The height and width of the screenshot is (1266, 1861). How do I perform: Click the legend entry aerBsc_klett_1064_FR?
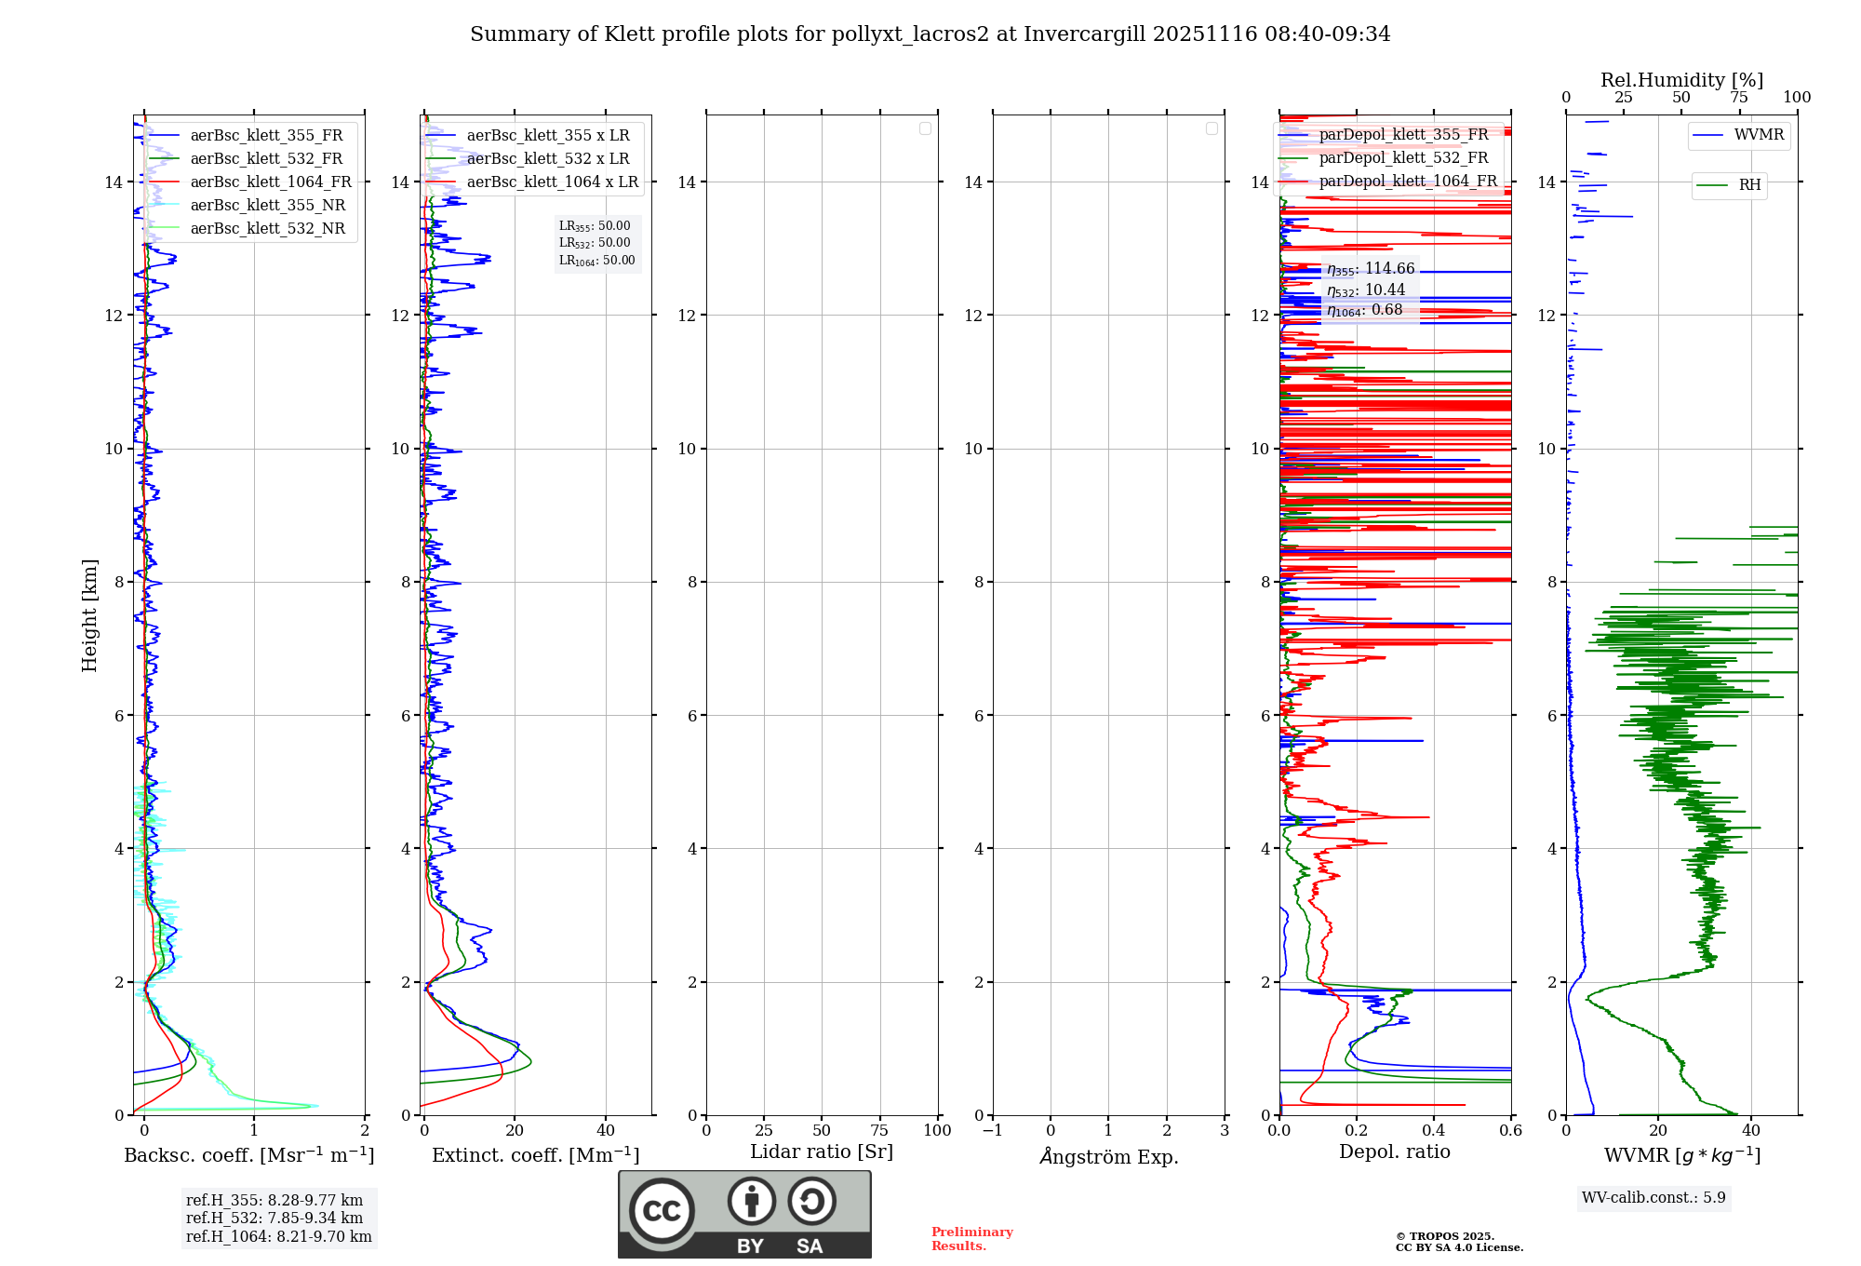[270, 182]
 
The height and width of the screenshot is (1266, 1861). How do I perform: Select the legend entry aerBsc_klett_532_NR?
[267, 229]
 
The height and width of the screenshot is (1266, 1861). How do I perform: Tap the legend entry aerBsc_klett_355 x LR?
[547, 136]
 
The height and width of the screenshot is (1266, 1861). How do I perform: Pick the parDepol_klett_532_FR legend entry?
[1403, 158]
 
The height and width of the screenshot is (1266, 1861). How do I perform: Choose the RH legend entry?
[1749, 185]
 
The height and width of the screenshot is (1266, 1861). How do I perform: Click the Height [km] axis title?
[89, 615]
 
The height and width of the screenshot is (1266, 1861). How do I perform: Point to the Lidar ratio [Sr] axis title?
[822, 1152]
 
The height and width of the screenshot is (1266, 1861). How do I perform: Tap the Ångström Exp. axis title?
[1108, 1156]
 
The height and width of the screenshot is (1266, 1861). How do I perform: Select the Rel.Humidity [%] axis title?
[1681, 80]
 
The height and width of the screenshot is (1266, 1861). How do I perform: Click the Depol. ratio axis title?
[1394, 1152]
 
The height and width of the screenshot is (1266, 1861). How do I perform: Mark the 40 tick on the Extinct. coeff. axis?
[606, 1131]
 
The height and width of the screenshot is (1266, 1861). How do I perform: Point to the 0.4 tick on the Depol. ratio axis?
[1434, 1131]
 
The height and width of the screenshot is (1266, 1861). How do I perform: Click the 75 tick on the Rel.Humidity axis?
[1738, 98]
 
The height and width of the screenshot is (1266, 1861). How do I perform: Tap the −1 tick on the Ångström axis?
[993, 1131]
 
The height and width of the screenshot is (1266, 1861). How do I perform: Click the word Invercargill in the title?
[1084, 34]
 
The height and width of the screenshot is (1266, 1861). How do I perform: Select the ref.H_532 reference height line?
[274, 1219]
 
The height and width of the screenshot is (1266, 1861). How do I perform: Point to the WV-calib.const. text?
[1653, 1198]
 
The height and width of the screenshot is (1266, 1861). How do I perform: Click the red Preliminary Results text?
[971, 1239]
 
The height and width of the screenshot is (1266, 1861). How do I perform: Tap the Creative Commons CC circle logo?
[662, 1211]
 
